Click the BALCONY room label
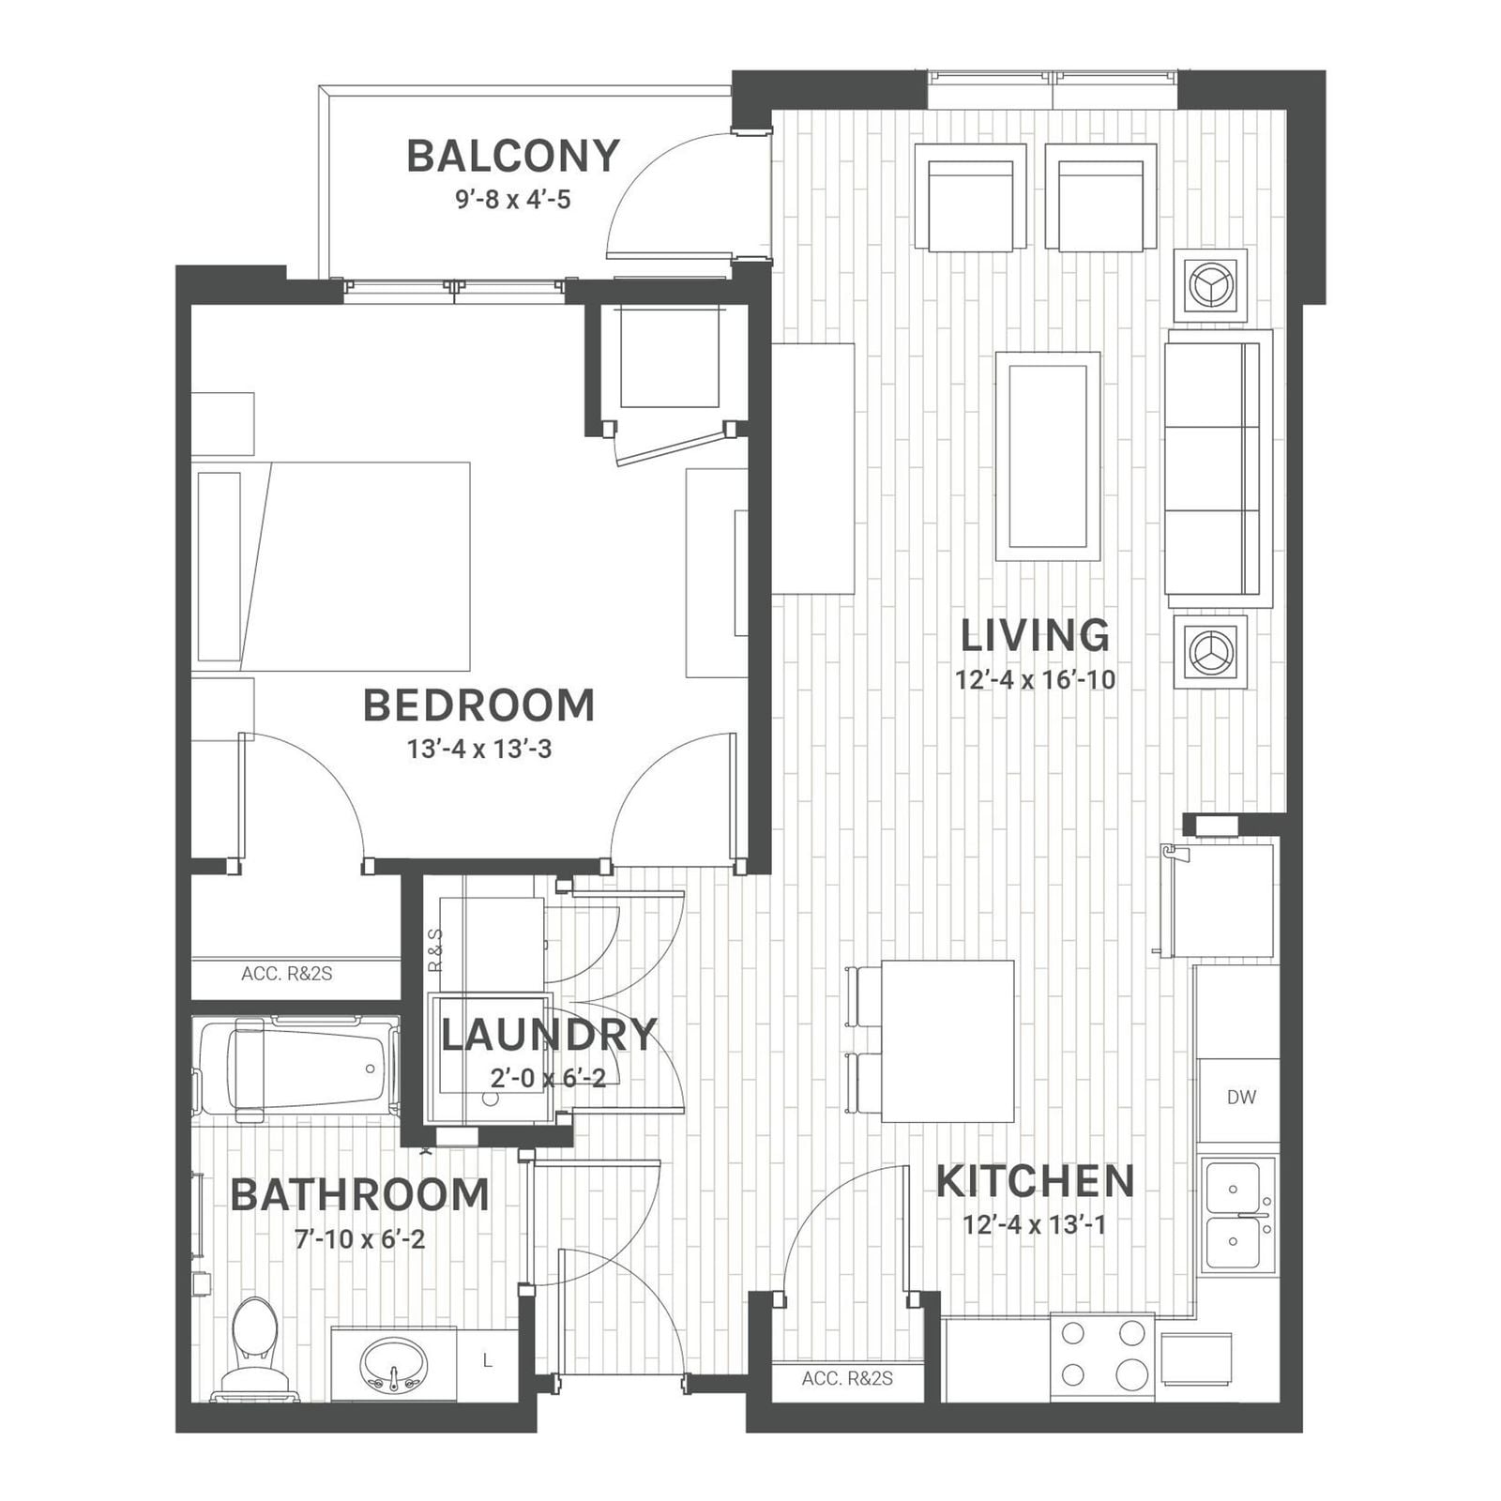click(513, 156)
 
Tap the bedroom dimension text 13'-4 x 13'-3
click(478, 750)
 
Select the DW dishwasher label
click(1241, 1097)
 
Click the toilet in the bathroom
click(254, 1349)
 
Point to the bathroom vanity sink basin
click(394, 1365)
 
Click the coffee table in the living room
click(1048, 456)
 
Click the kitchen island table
click(948, 1040)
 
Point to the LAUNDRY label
click(549, 1035)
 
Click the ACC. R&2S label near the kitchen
click(847, 1379)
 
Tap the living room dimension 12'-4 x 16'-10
click(1036, 679)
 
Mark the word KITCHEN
click(1036, 1182)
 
